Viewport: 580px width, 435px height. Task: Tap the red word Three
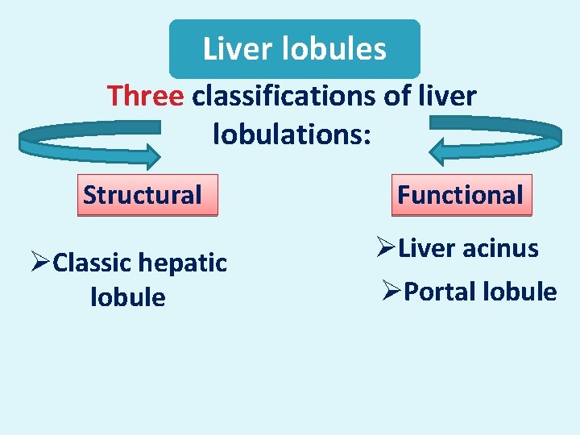click(146, 97)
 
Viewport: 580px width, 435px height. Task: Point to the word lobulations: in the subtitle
click(292, 133)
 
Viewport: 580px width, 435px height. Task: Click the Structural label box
click(143, 195)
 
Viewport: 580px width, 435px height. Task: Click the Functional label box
click(460, 195)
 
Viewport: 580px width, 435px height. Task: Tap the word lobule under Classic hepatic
click(128, 298)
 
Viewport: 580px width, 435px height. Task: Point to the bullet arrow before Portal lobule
click(391, 292)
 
